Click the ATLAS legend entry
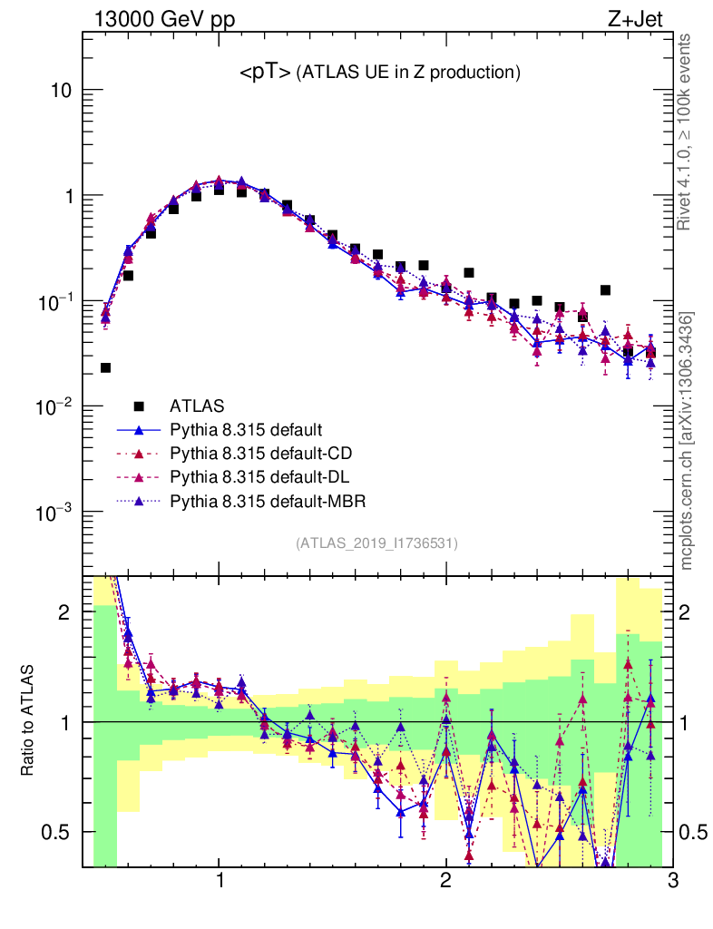click(196, 406)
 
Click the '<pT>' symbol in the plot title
click(265, 73)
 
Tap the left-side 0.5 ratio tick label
click(60, 832)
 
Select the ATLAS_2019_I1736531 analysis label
click(376, 543)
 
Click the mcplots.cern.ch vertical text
click(688, 441)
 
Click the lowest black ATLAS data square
click(105, 367)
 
